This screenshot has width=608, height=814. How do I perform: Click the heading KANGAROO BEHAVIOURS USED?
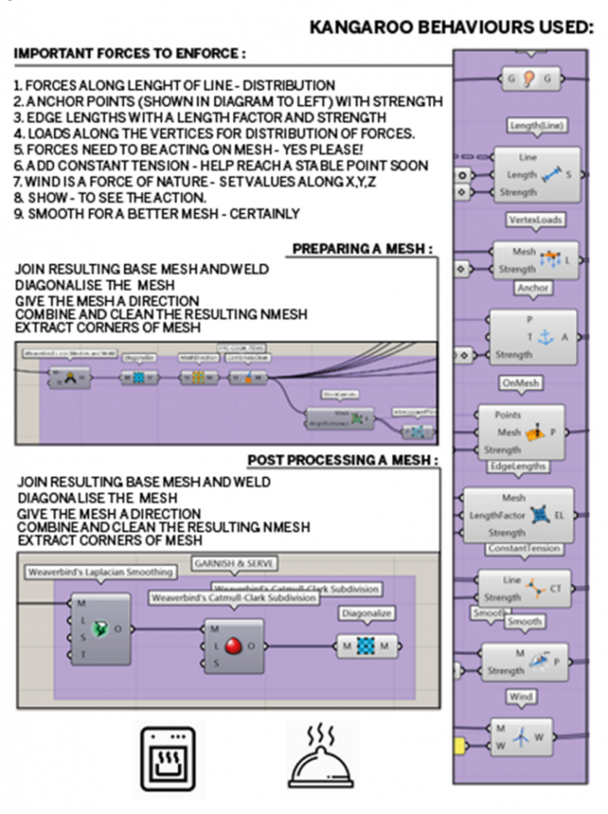pos(451,27)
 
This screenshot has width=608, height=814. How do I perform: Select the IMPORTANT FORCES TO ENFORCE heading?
pos(130,54)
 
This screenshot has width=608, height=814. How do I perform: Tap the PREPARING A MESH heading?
pos(362,249)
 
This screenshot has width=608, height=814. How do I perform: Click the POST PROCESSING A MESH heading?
pos(343,460)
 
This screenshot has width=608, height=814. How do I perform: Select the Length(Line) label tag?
pos(536,126)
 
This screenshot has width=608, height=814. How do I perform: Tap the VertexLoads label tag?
pos(535,220)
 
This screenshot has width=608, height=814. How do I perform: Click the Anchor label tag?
pos(533,288)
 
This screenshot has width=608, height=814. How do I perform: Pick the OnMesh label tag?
pos(521,383)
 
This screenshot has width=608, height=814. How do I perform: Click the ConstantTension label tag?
pos(524,549)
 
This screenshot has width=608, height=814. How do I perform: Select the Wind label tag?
pos(520,696)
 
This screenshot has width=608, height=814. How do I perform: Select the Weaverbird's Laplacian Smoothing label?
pos(100,572)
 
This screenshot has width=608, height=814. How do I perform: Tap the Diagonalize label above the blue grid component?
pos(366,613)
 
